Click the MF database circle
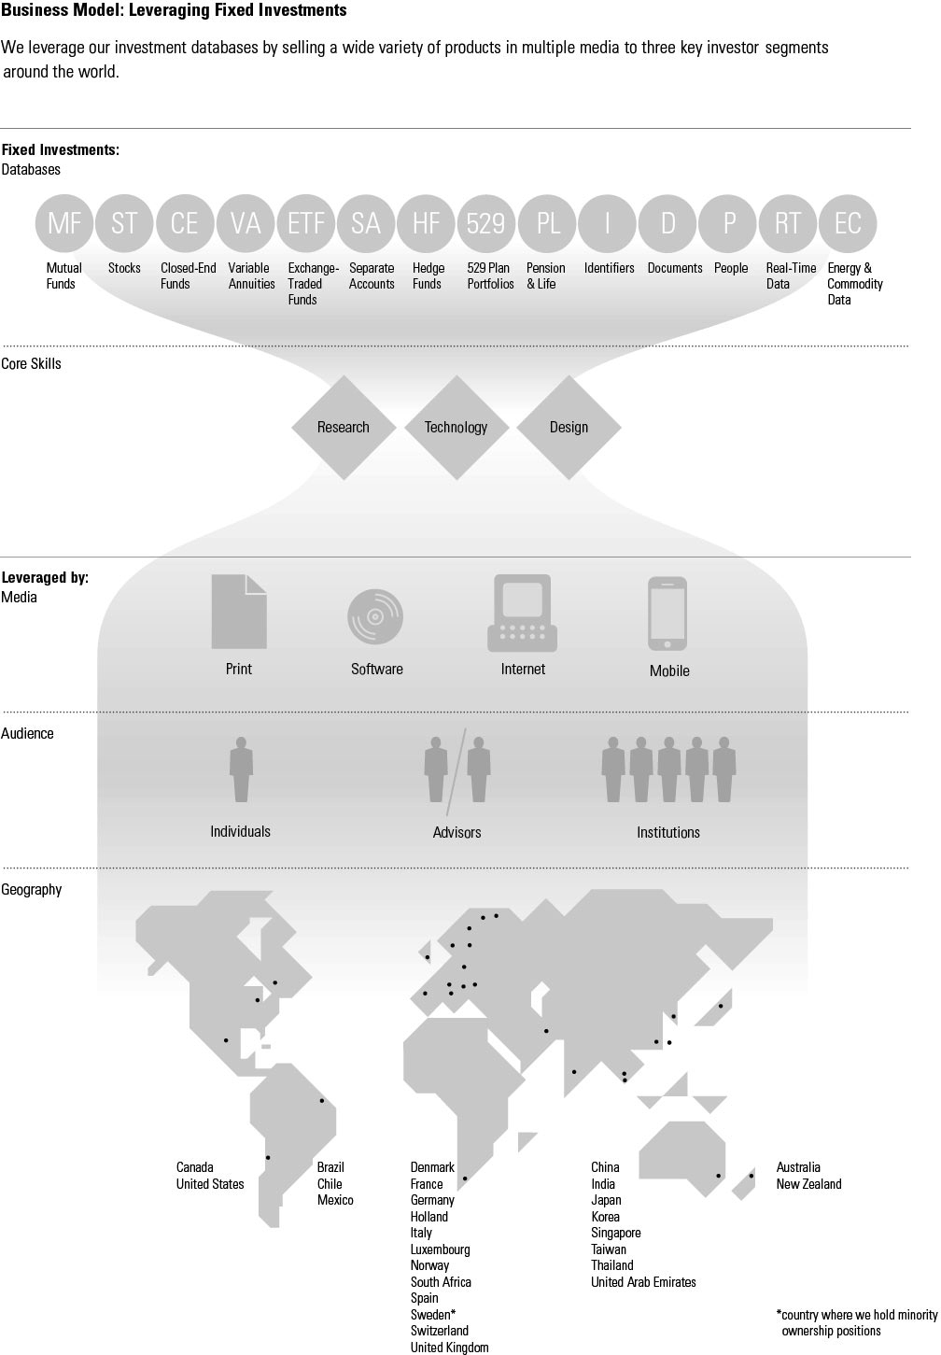tap(64, 223)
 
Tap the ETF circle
tap(305, 223)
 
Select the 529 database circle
tap(486, 223)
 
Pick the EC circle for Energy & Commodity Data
tap(848, 223)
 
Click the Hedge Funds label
tap(428, 275)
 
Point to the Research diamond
tap(344, 428)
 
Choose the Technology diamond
tap(456, 428)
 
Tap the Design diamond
tap(569, 428)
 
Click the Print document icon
tap(239, 612)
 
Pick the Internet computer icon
tap(523, 613)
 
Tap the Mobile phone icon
tap(667, 614)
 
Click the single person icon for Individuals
tap(241, 769)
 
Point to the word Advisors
tap(456, 832)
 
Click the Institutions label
tap(668, 832)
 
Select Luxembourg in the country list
tap(441, 1249)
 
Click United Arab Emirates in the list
tap(643, 1282)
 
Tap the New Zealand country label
tap(808, 1184)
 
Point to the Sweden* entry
tap(433, 1315)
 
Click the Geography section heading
tap(32, 890)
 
